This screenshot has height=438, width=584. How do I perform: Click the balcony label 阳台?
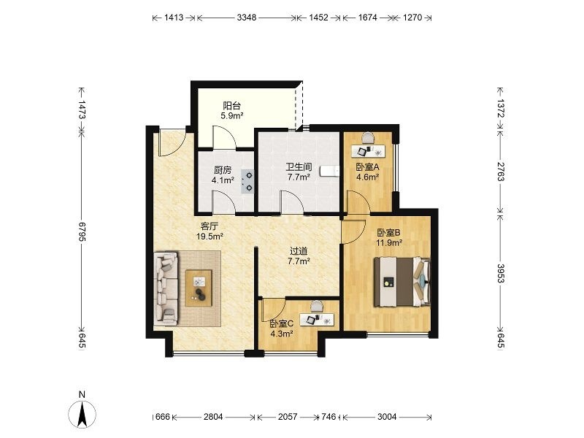(x=231, y=106)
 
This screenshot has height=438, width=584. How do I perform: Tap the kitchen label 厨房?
(x=223, y=171)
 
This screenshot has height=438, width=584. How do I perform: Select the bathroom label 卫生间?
(x=299, y=167)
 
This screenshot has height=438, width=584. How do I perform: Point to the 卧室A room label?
(x=368, y=167)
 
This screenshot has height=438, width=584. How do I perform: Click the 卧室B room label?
(x=388, y=233)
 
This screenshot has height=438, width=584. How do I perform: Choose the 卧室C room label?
(x=282, y=323)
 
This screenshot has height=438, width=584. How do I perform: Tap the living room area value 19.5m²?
(x=210, y=236)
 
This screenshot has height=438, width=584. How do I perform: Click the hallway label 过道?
(x=299, y=251)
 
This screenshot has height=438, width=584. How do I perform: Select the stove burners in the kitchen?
(x=247, y=182)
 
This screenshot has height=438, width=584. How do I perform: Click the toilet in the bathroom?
(x=330, y=171)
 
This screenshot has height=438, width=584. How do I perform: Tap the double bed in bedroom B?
(x=402, y=282)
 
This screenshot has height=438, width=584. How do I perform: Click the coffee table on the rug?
(x=199, y=288)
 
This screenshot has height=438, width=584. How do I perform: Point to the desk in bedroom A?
(x=369, y=151)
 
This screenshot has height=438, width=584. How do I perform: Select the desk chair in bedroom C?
(x=317, y=306)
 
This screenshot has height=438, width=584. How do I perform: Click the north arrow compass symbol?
(x=82, y=414)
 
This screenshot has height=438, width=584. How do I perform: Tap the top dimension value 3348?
(x=247, y=18)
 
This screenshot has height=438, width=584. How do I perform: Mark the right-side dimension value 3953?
(x=501, y=273)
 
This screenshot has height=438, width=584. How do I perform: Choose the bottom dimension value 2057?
(x=288, y=417)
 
